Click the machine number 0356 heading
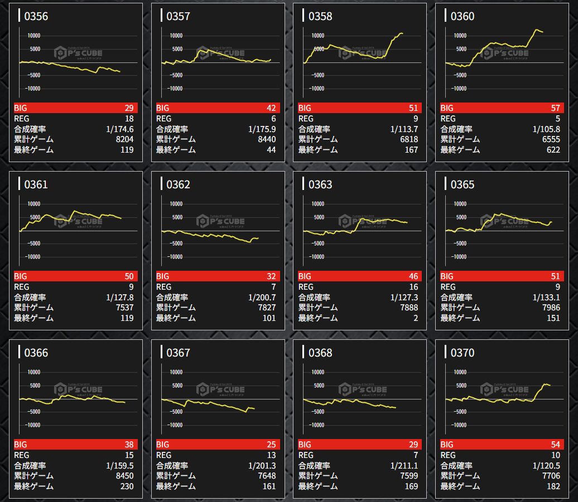36,16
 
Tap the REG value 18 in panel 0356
129,119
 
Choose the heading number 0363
320,184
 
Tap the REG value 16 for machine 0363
413,287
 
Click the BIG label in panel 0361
20,276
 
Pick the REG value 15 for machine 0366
129,455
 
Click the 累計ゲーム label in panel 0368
318,476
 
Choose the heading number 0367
179,353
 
